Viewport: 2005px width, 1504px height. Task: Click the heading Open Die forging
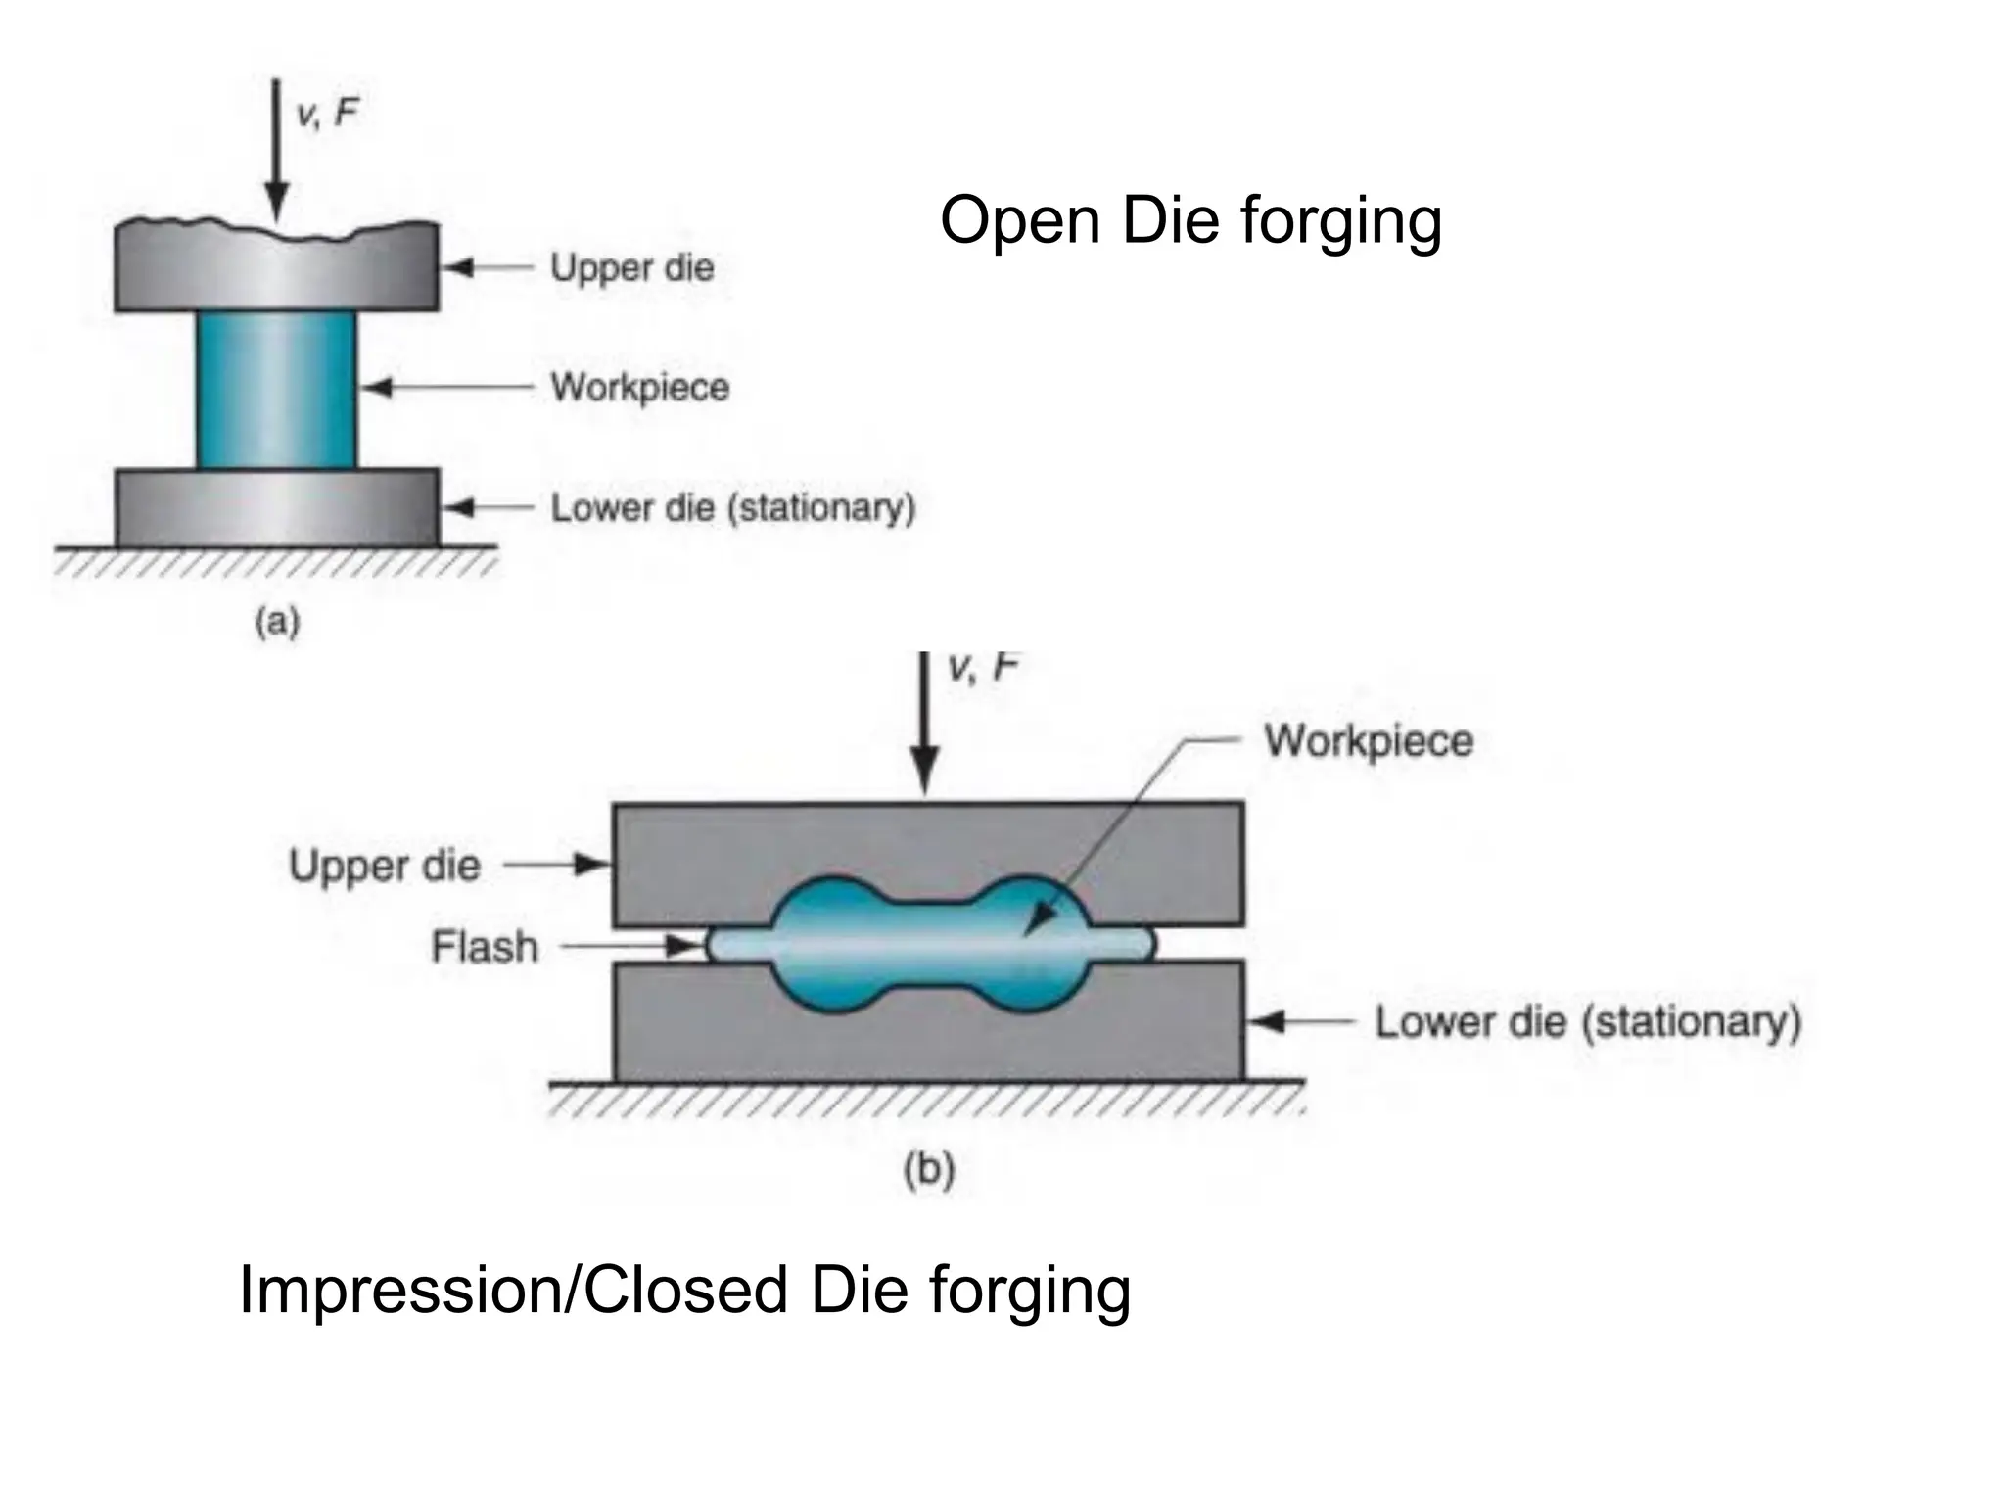(x=1190, y=221)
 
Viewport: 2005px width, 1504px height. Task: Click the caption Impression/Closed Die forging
(x=684, y=1291)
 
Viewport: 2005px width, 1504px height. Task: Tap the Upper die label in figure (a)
(x=631, y=267)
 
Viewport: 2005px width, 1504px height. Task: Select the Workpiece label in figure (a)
(x=639, y=388)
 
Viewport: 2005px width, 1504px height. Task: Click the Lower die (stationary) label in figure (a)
(x=732, y=507)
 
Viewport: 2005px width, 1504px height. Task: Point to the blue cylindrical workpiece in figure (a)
(x=276, y=390)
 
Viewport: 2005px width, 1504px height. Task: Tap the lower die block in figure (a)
(x=276, y=507)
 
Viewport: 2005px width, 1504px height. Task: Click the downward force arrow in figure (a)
(x=277, y=147)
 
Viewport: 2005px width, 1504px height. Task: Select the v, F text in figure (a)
(x=327, y=114)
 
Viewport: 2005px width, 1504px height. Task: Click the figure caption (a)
(x=277, y=622)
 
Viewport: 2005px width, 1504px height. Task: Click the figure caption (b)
(x=928, y=1169)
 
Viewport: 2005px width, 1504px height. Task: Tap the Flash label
(x=485, y=947)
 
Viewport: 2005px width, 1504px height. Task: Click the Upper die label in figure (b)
(x=384, y=866)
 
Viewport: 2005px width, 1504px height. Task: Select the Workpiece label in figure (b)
(x=1368, y=740)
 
